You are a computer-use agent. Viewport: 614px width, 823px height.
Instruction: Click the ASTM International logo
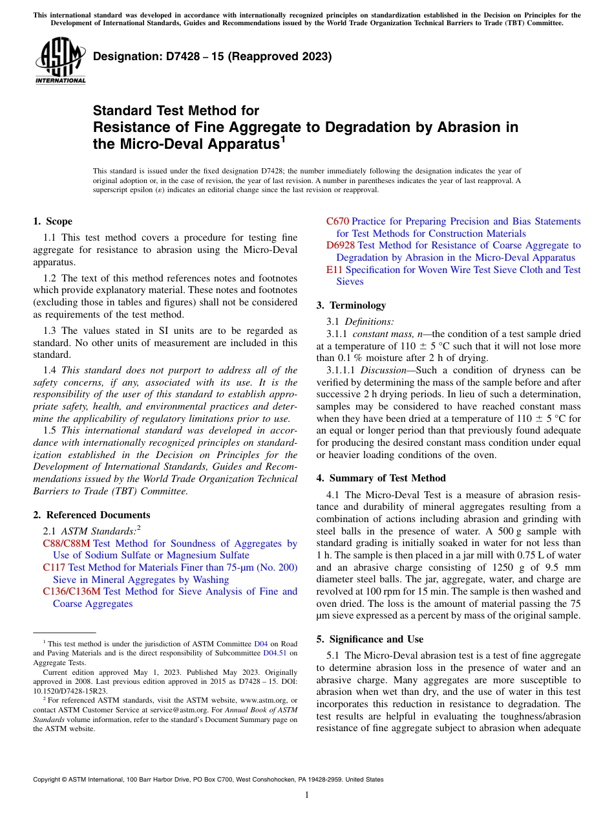pos(60,61)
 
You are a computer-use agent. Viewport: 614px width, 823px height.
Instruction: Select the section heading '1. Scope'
pos(53,221)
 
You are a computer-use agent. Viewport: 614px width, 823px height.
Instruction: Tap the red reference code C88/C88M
pos(66,543)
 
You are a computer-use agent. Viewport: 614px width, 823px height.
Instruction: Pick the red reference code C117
pos(54,567)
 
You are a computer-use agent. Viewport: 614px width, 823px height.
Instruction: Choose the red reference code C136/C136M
pos(71,591)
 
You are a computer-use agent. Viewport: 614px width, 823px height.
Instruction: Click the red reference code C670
pos(337,221)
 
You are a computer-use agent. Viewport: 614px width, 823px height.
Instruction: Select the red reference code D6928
pos(340,245)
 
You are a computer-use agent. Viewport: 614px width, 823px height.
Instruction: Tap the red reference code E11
pos(334,269)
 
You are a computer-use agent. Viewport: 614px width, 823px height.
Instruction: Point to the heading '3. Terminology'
pos(351,305)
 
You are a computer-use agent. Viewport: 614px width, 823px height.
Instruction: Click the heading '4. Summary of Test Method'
pos(381,478)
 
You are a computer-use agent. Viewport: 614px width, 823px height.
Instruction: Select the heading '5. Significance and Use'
pos(373,639)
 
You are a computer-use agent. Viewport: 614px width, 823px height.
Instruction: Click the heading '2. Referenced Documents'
pos(91,515)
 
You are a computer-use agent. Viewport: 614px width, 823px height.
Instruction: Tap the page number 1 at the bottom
pos(307,795)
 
